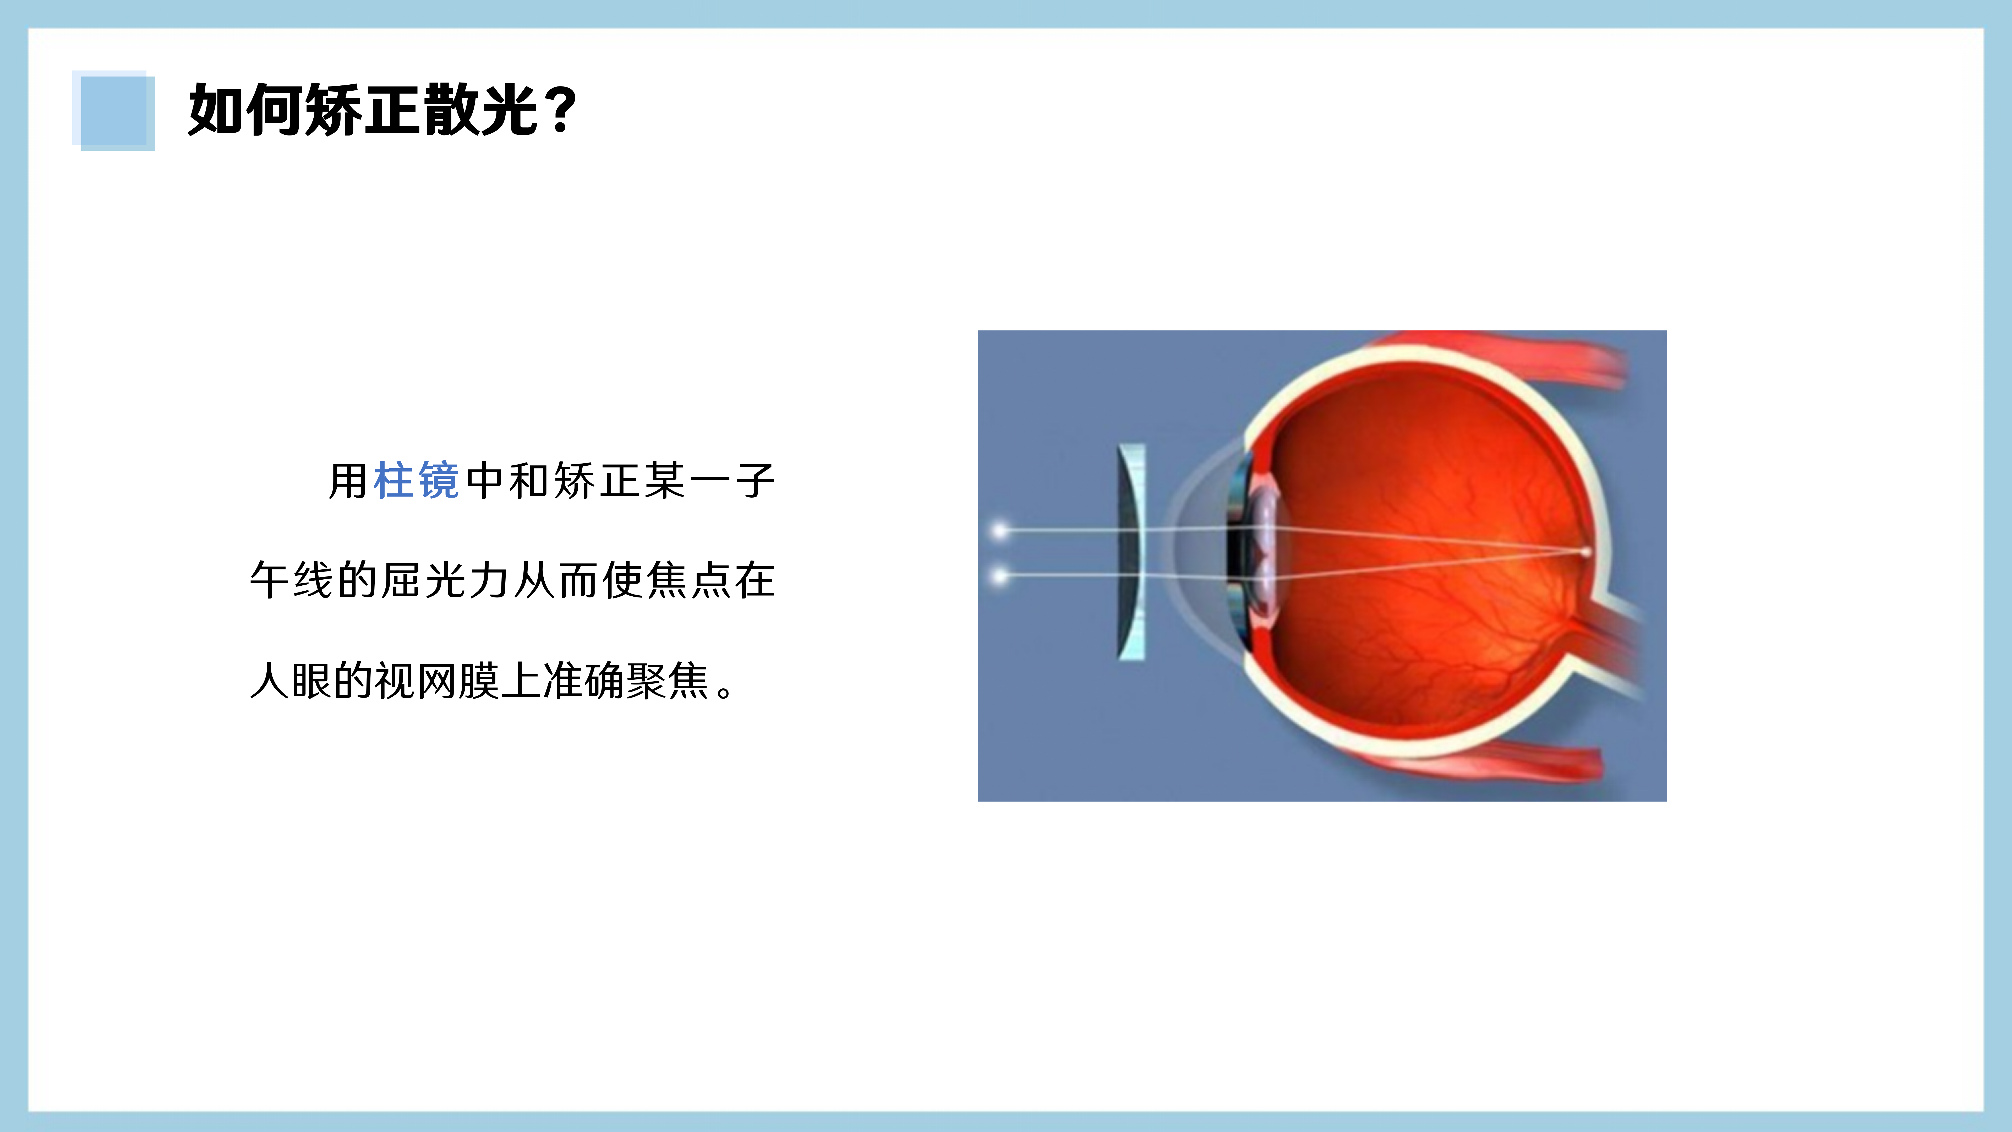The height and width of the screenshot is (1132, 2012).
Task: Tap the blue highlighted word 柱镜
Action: click(416, 481)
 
